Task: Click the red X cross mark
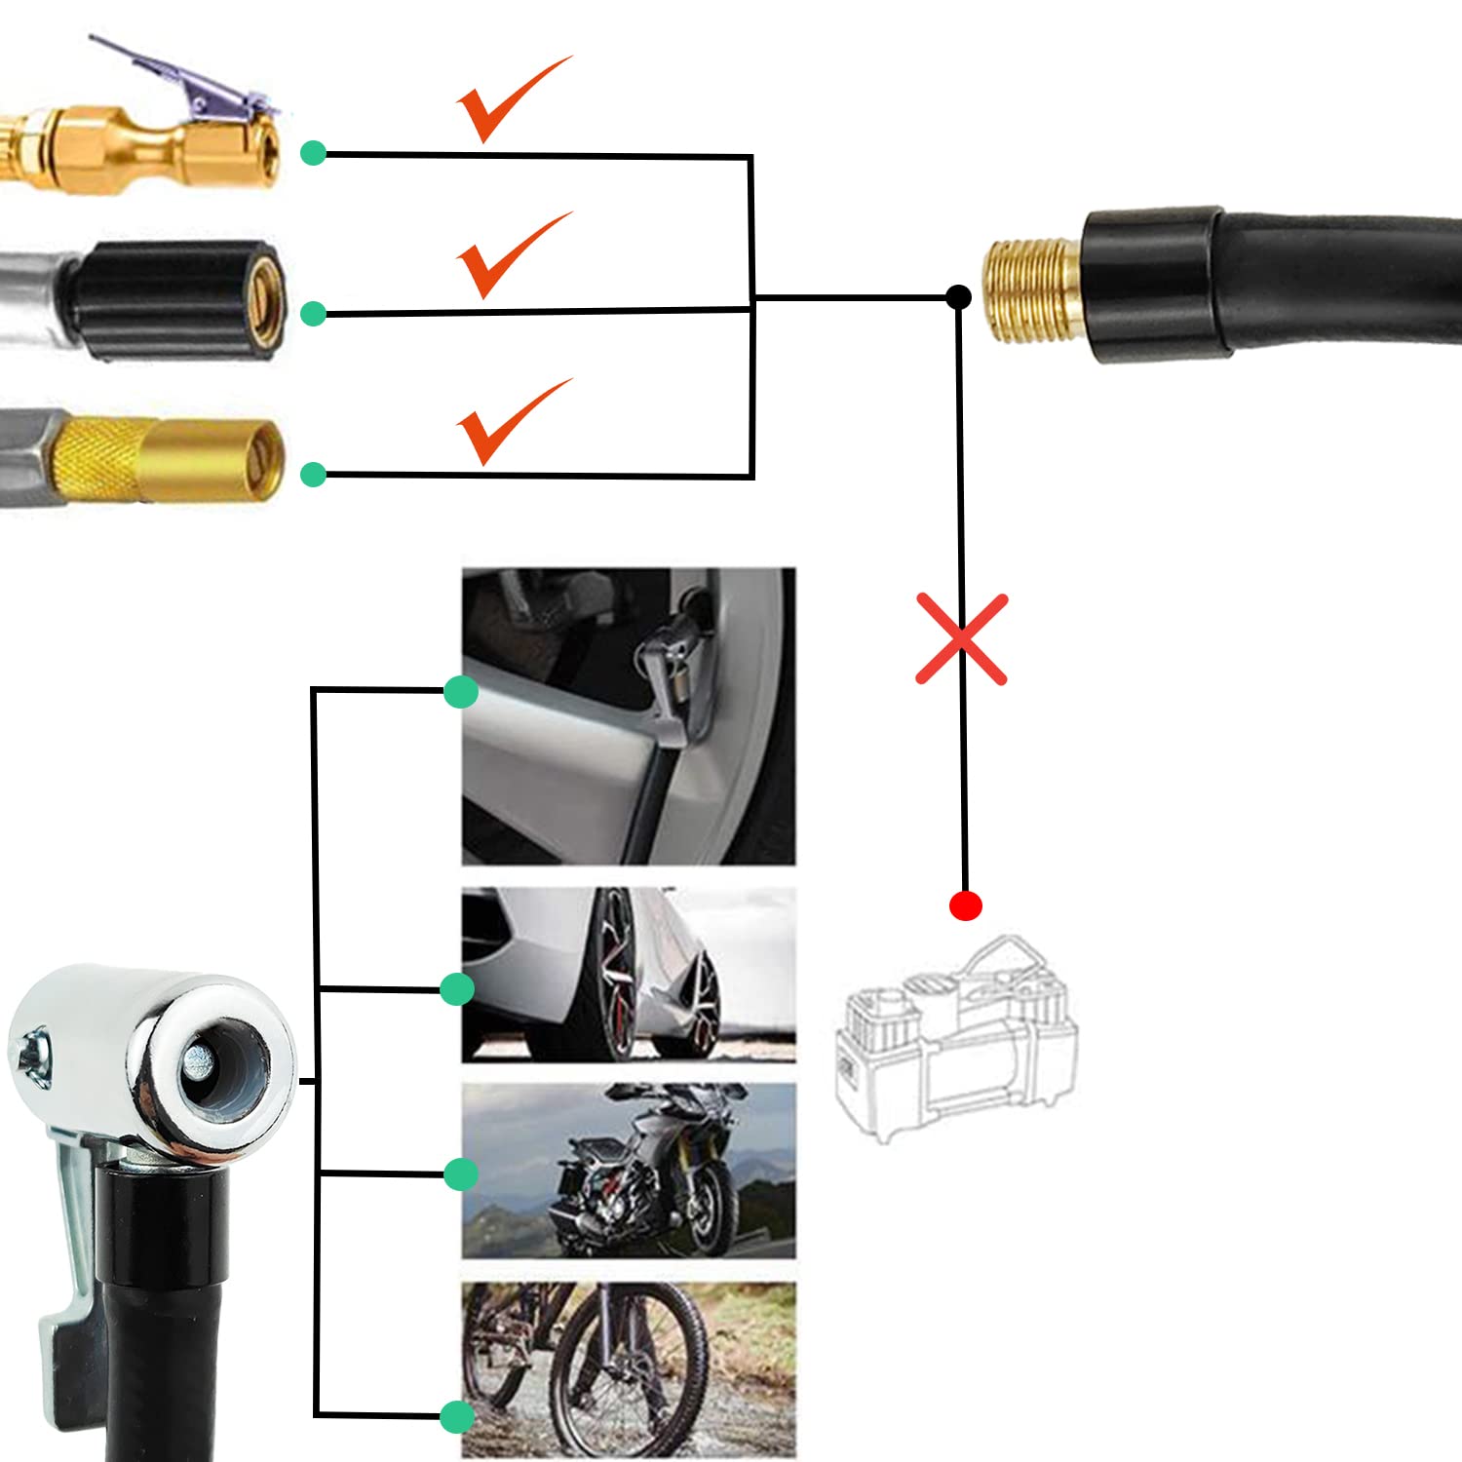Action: click(x=961, y=638)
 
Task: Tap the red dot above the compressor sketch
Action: click(x=965, y=905)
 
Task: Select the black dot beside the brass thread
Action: click(x=958, y=296)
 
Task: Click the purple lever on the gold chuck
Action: click(x=185, y=73)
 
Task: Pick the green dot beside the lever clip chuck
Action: click(x=313, y=153)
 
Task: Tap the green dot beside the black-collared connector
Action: click(x=313, y=314)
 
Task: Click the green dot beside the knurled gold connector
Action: click(x=313, y=475)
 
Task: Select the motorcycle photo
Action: click(x=629, y=1170)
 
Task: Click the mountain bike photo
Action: click(x=629, y=1369)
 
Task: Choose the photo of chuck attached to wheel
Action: click(x=629, y=716)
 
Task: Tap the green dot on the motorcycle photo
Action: click(x=460, y=1173)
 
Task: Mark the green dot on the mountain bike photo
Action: click(x=456, y=1416)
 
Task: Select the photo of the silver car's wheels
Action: click(x=629, y=975)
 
